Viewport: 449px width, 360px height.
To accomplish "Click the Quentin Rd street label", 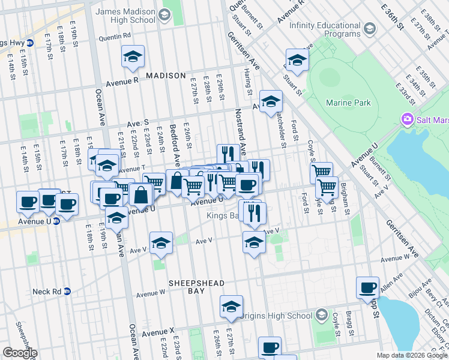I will click(x=118, y=36).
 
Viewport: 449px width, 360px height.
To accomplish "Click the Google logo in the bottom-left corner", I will click(x=19, y=353).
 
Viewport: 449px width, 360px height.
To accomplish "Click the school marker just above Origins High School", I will click(x=231, y=307).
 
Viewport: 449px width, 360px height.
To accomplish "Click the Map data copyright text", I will click(x=411, y=355).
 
